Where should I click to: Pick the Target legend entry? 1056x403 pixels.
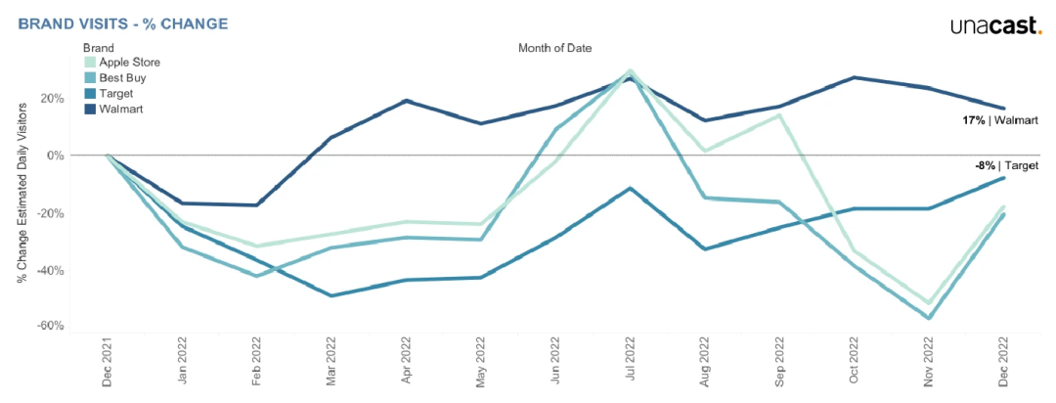(116, 93)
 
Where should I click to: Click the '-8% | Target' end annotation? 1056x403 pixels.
(1005, 166)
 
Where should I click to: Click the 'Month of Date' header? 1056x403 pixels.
(554, 47)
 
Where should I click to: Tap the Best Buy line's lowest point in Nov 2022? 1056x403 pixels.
(928, 318)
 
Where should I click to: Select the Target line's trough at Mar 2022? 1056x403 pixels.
(332, 295)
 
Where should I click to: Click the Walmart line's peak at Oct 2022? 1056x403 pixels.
(854, 77)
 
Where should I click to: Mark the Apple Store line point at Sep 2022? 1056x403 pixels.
(779, 115)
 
